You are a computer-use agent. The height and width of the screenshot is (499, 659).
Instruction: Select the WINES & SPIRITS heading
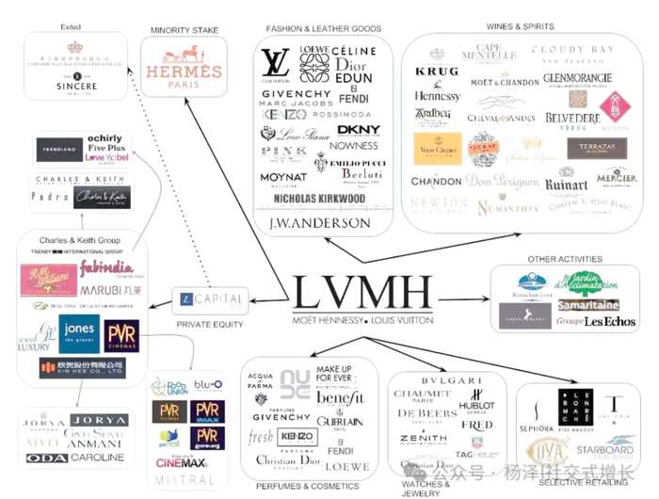coord(520,26)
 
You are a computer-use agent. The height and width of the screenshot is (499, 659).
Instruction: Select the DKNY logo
coord(359,130)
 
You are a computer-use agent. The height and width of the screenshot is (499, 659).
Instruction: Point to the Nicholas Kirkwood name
coord(319,199)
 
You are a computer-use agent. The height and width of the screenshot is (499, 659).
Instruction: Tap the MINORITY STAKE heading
coord(185,31)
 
